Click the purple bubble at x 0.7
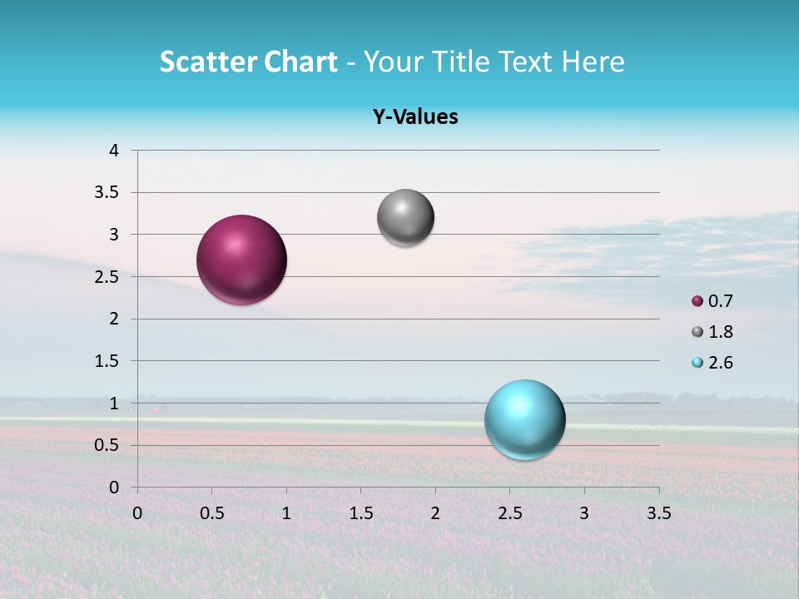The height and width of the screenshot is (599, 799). tap(242, 260)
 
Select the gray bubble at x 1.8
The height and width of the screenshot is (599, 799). tap(405, 218)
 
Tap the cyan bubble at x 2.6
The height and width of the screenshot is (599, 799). tap(524, 419)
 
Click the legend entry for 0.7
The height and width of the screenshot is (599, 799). tap(712, 301)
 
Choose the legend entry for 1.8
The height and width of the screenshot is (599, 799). tap(712, 332)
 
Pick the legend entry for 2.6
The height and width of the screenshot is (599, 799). tap(712, 363)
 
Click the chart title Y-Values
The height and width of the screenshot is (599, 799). tap(414, 117)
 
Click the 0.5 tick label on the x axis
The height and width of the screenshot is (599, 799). tap(211, 513)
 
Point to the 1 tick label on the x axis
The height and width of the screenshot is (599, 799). tap(286, 513)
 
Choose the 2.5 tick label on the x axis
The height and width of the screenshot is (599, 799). tap(509, 513)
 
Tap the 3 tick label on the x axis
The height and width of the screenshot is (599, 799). tap(584, 513)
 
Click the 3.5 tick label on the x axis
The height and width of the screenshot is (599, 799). tap(658, 513)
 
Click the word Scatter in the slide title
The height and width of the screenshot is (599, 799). tap(208, 62)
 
